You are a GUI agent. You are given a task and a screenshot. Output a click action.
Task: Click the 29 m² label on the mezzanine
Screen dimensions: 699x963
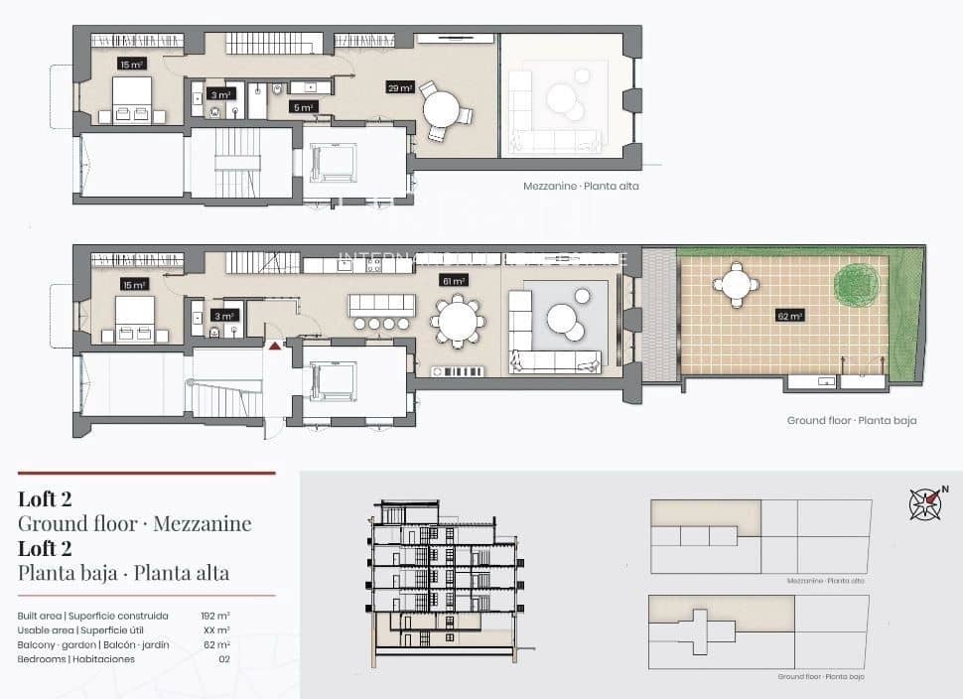(400, 87)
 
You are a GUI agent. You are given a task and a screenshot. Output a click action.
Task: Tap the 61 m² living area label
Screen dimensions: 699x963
(453, 281)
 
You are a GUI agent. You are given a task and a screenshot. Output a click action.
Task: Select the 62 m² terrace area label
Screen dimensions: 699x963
(790, 316)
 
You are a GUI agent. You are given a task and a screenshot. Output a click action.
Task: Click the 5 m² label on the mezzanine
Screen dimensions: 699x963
(303, 106)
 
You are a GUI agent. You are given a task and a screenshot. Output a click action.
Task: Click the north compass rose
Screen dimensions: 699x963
(926, 503)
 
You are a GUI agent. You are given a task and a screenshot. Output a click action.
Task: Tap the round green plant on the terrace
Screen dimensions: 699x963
(855, 286)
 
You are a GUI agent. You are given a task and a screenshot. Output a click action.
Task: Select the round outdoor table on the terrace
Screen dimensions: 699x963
(736, 284)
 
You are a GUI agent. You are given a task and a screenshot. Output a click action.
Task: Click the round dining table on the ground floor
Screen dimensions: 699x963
(458, 322)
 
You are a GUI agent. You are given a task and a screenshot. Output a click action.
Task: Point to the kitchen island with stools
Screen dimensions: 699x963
(381, 309)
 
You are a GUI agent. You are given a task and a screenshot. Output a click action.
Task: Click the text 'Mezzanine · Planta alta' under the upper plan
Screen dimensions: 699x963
(581, 186)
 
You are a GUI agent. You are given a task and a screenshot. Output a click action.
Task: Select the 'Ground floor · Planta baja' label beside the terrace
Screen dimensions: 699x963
(851, 420)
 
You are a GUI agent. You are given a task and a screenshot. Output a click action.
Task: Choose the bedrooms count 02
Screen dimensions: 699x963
(223, 659)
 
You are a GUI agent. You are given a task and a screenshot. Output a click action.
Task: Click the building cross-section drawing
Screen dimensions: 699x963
(445, 582)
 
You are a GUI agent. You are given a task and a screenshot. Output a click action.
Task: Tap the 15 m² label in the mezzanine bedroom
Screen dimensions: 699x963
(131, 64)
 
